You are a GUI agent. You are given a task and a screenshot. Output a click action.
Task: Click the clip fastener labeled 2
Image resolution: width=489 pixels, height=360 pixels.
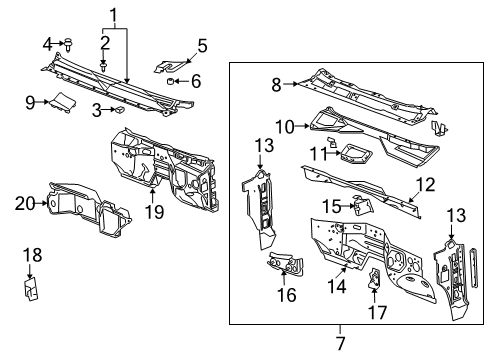coord(104,64)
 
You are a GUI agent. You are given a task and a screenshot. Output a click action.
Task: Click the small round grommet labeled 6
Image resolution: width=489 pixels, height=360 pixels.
coord(171,81)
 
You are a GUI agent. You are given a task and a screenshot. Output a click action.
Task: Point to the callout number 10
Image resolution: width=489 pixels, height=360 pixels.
coord(283,127)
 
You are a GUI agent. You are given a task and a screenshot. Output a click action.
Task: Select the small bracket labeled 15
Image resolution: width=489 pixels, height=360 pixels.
coord(363,205)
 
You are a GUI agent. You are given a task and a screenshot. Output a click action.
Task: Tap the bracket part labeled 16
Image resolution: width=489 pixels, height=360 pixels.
coord(283,266)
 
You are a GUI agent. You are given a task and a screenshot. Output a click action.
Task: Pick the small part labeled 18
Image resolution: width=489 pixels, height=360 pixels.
coord(31,289)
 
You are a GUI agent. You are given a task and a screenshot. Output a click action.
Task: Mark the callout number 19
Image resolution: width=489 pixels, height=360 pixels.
coord(154,211)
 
